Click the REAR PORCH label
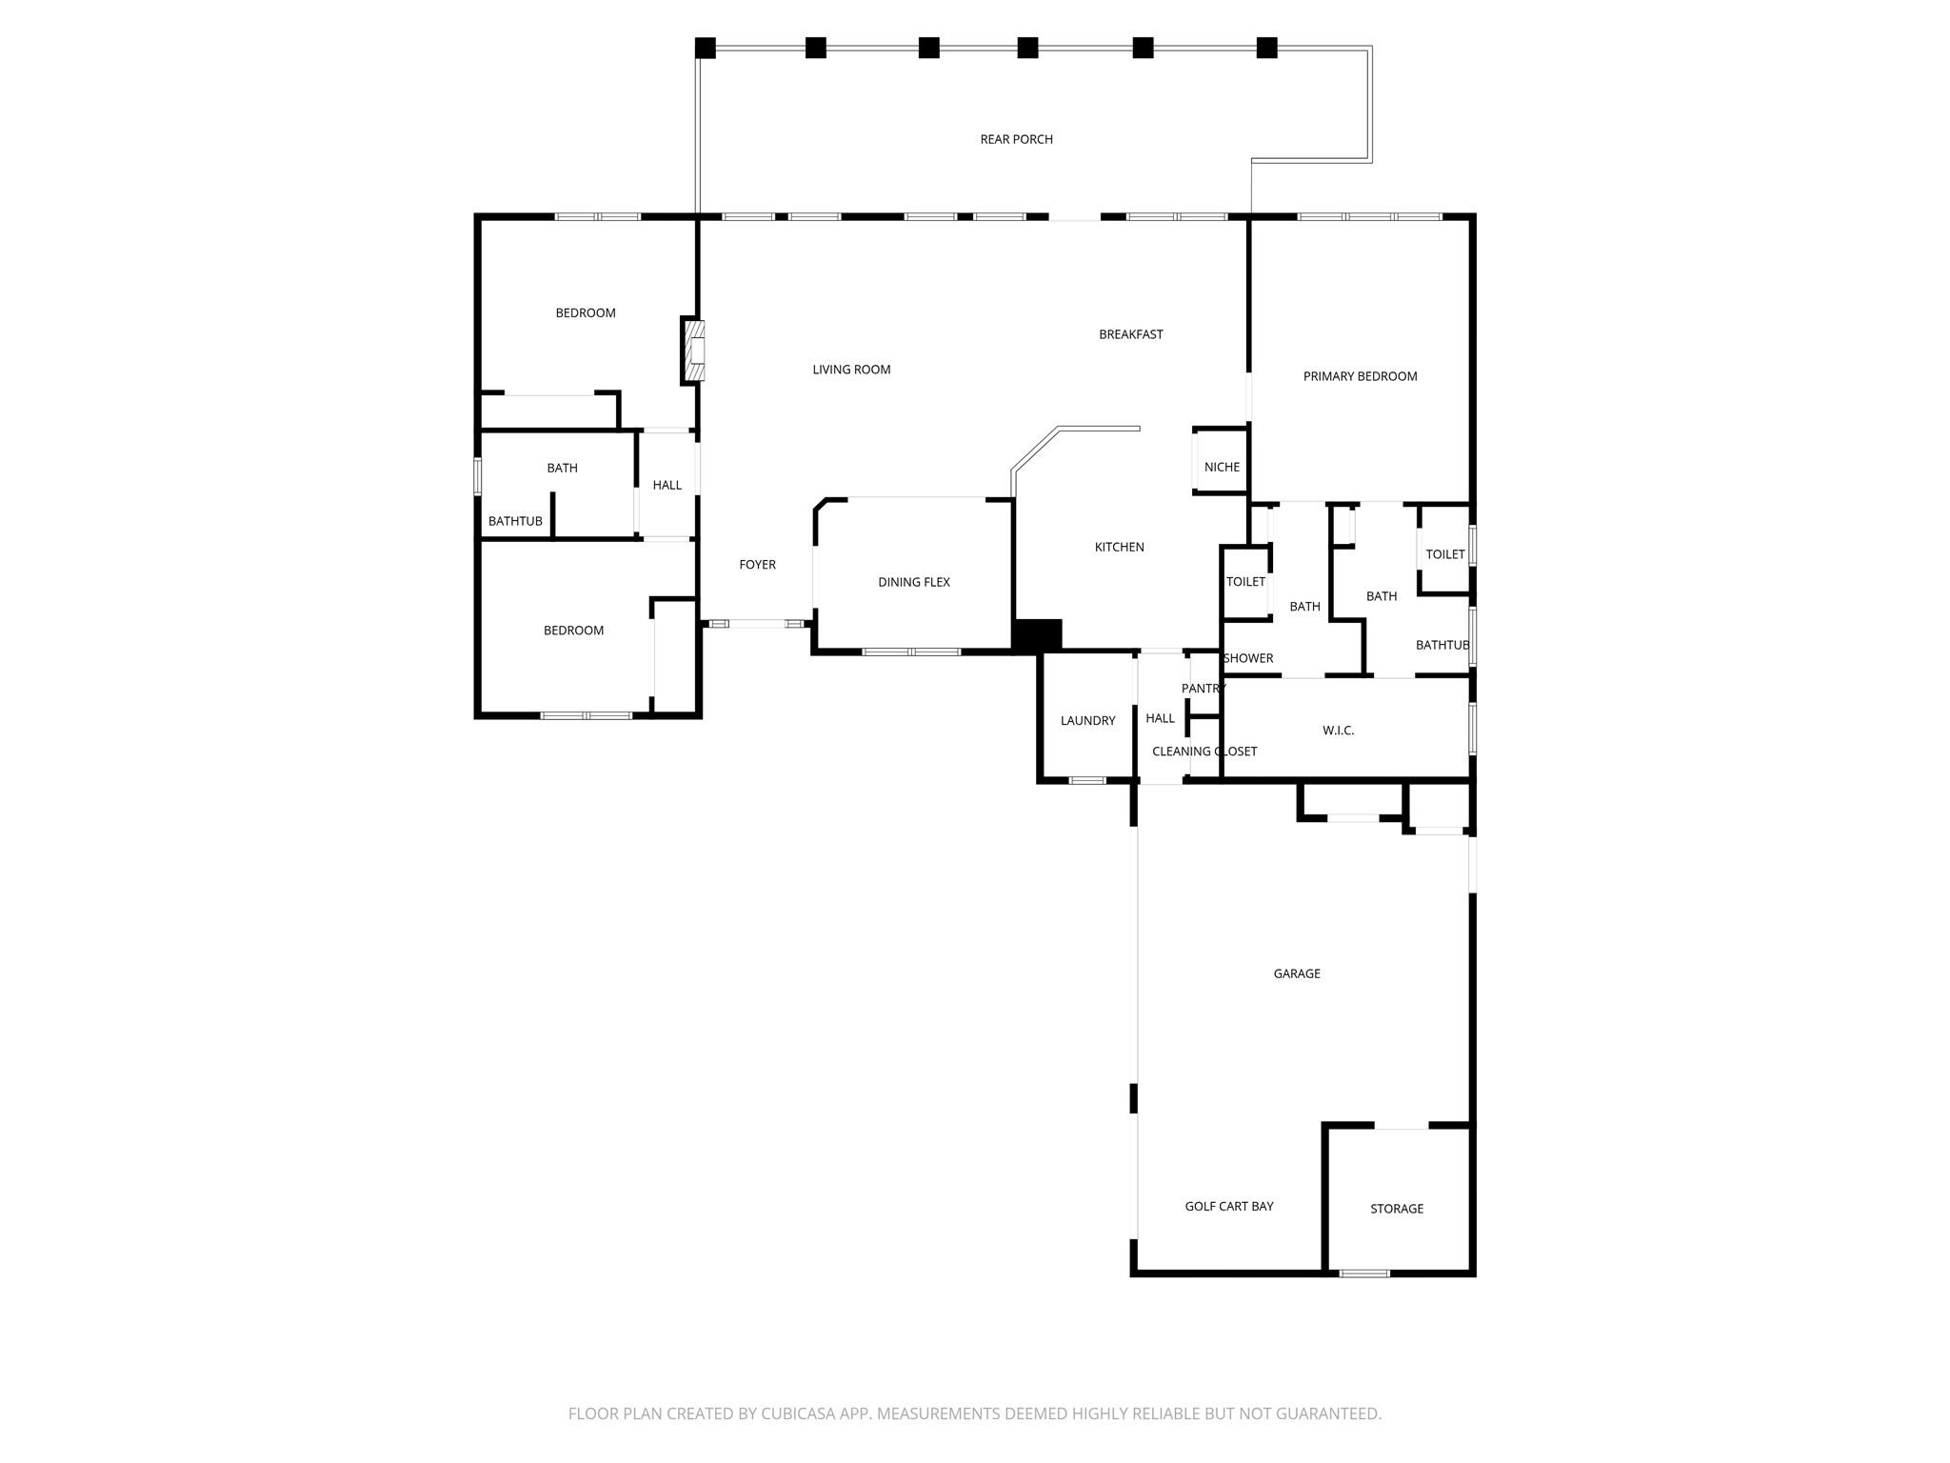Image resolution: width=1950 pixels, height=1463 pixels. coord(1016,139)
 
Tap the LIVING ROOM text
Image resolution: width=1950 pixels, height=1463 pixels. coord(851,370)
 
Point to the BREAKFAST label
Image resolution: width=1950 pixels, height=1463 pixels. coord(1130,334)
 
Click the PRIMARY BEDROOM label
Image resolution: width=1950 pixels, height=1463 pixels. coord(1360,376)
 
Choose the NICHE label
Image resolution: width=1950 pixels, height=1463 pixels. coord(1222,467)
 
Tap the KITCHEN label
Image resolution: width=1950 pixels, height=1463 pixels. coord(1119,547)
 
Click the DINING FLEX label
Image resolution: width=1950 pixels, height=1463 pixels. coord(913,582)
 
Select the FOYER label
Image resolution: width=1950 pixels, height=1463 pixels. coord(757,565)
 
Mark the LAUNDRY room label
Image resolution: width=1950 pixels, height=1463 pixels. coord(1087,721)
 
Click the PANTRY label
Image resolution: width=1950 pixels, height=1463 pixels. coord(1203,689)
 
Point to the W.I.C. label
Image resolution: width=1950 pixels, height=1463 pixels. coord(1338,731)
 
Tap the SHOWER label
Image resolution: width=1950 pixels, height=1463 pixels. coord(1247,658)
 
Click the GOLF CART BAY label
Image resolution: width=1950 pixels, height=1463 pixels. coord(1228,1206)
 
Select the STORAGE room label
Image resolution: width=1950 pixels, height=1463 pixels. coord(1396,1209)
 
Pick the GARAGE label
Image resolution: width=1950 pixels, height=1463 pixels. coord(1296,973)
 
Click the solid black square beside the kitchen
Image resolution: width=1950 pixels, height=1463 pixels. coord(1037,635)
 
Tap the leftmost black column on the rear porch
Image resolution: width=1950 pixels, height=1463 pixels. coord(705,48)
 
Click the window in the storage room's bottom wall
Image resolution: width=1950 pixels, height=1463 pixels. coord(1363,1273)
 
